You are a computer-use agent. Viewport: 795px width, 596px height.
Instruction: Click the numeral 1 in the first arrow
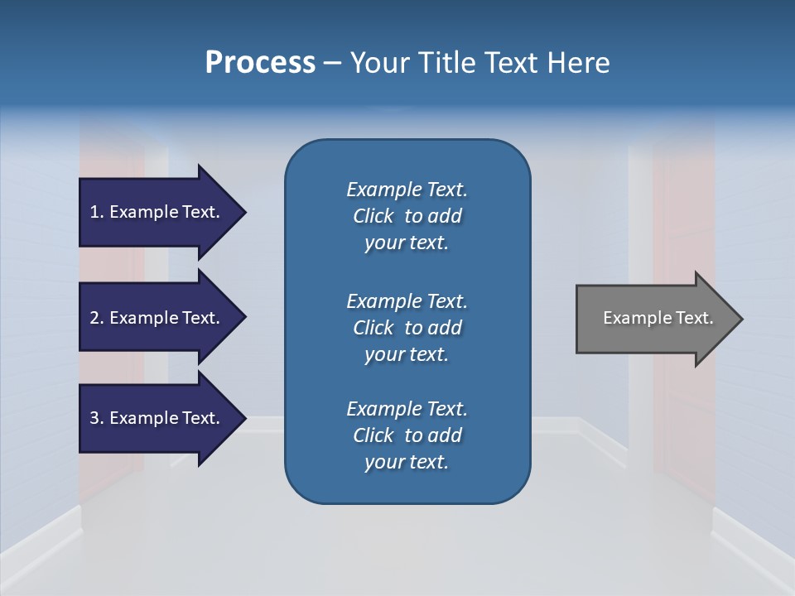pos(94,213)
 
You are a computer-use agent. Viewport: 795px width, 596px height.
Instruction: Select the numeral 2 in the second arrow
pos(94,318)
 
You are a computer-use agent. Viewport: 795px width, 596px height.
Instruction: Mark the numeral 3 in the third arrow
pos(94,418)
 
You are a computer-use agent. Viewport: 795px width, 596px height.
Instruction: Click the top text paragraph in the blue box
pos(407,216)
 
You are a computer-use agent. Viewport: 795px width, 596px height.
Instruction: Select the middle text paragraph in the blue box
pos(407,328)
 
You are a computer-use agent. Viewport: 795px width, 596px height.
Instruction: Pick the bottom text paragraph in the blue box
pos(407,435)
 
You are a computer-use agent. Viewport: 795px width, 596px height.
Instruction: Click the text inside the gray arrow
pos(658,318)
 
